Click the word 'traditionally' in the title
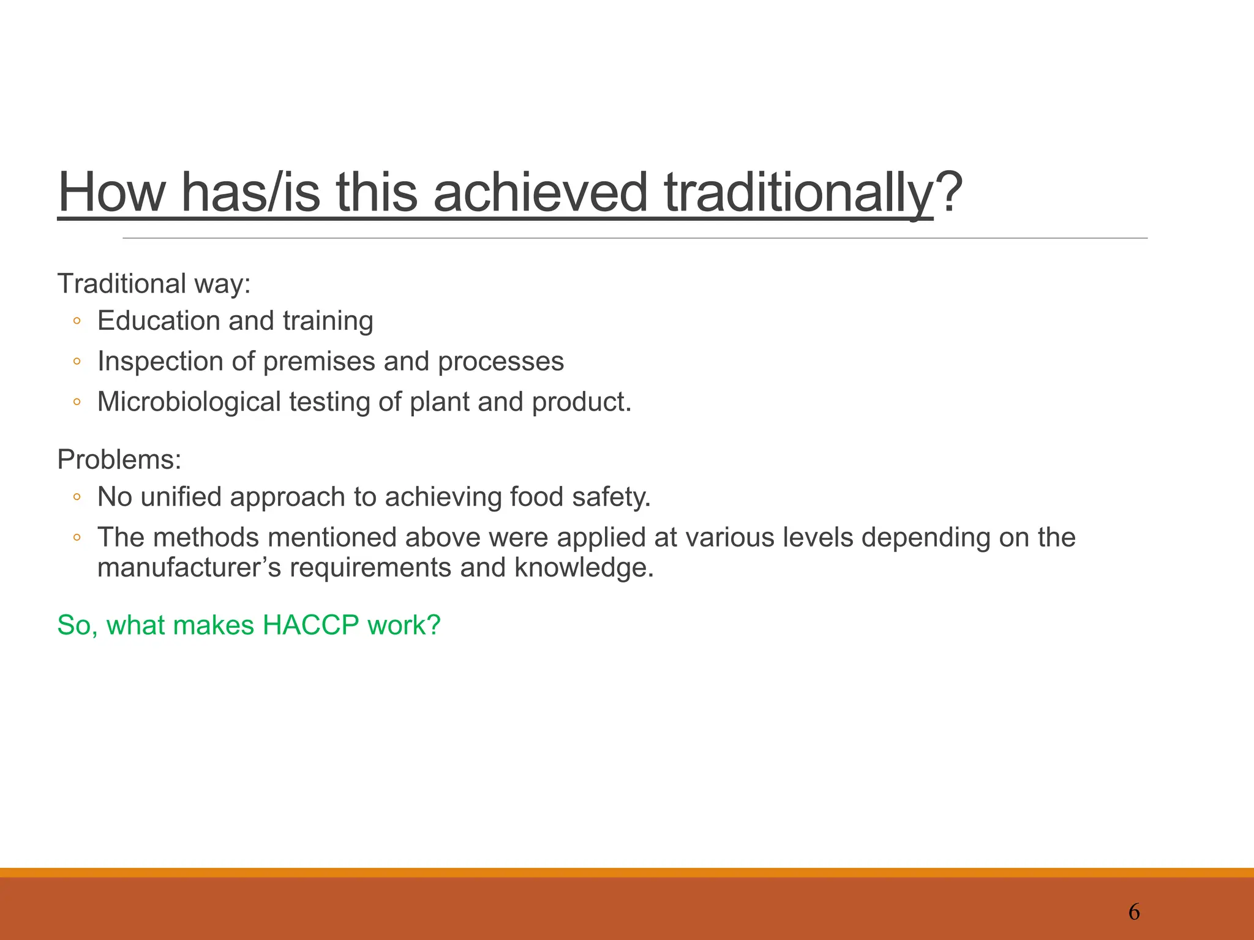point(798,193)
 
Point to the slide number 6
point(1134,912)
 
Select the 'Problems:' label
point(119,460)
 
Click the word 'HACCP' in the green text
point(310,625)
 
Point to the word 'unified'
point(181,497)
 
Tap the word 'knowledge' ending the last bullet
point(581,568)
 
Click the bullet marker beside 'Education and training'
point(77,321)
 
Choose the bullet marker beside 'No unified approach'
point(77,498)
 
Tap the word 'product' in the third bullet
point(578,402)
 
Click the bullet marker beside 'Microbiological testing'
point(77,403)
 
